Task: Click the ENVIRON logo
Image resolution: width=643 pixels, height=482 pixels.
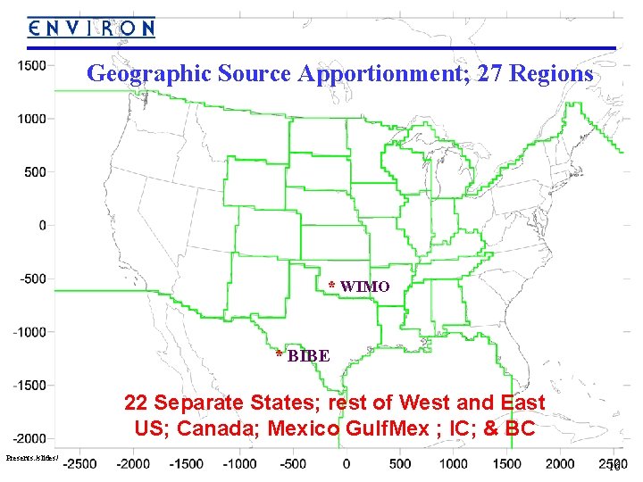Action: pyautogui.click(x=91, y=28)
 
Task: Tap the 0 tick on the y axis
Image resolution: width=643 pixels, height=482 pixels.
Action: pyautogui.click(x=42, y=225)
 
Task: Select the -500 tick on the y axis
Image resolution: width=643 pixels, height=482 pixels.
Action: pyautogui.click(x=33, y=278)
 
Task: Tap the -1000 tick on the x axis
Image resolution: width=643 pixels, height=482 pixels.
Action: pyautogui.click(x=239, y=464)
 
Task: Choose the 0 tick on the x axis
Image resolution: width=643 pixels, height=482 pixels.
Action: pyautogui.click(x=347, y=464)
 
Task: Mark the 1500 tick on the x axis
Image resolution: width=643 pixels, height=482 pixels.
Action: pyautogui.click(x=506, y=464)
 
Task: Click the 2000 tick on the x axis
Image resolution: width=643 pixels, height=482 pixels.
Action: pyautogui.click(x=560, y=464)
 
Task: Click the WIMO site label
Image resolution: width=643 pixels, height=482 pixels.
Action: pyautogui.click(x=364, y=287)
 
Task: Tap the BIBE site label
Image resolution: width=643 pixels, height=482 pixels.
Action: pyautogui.click(x=309, y=356)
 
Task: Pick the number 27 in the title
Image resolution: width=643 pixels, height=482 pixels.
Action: pyautogui.click(x=490, y=74)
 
